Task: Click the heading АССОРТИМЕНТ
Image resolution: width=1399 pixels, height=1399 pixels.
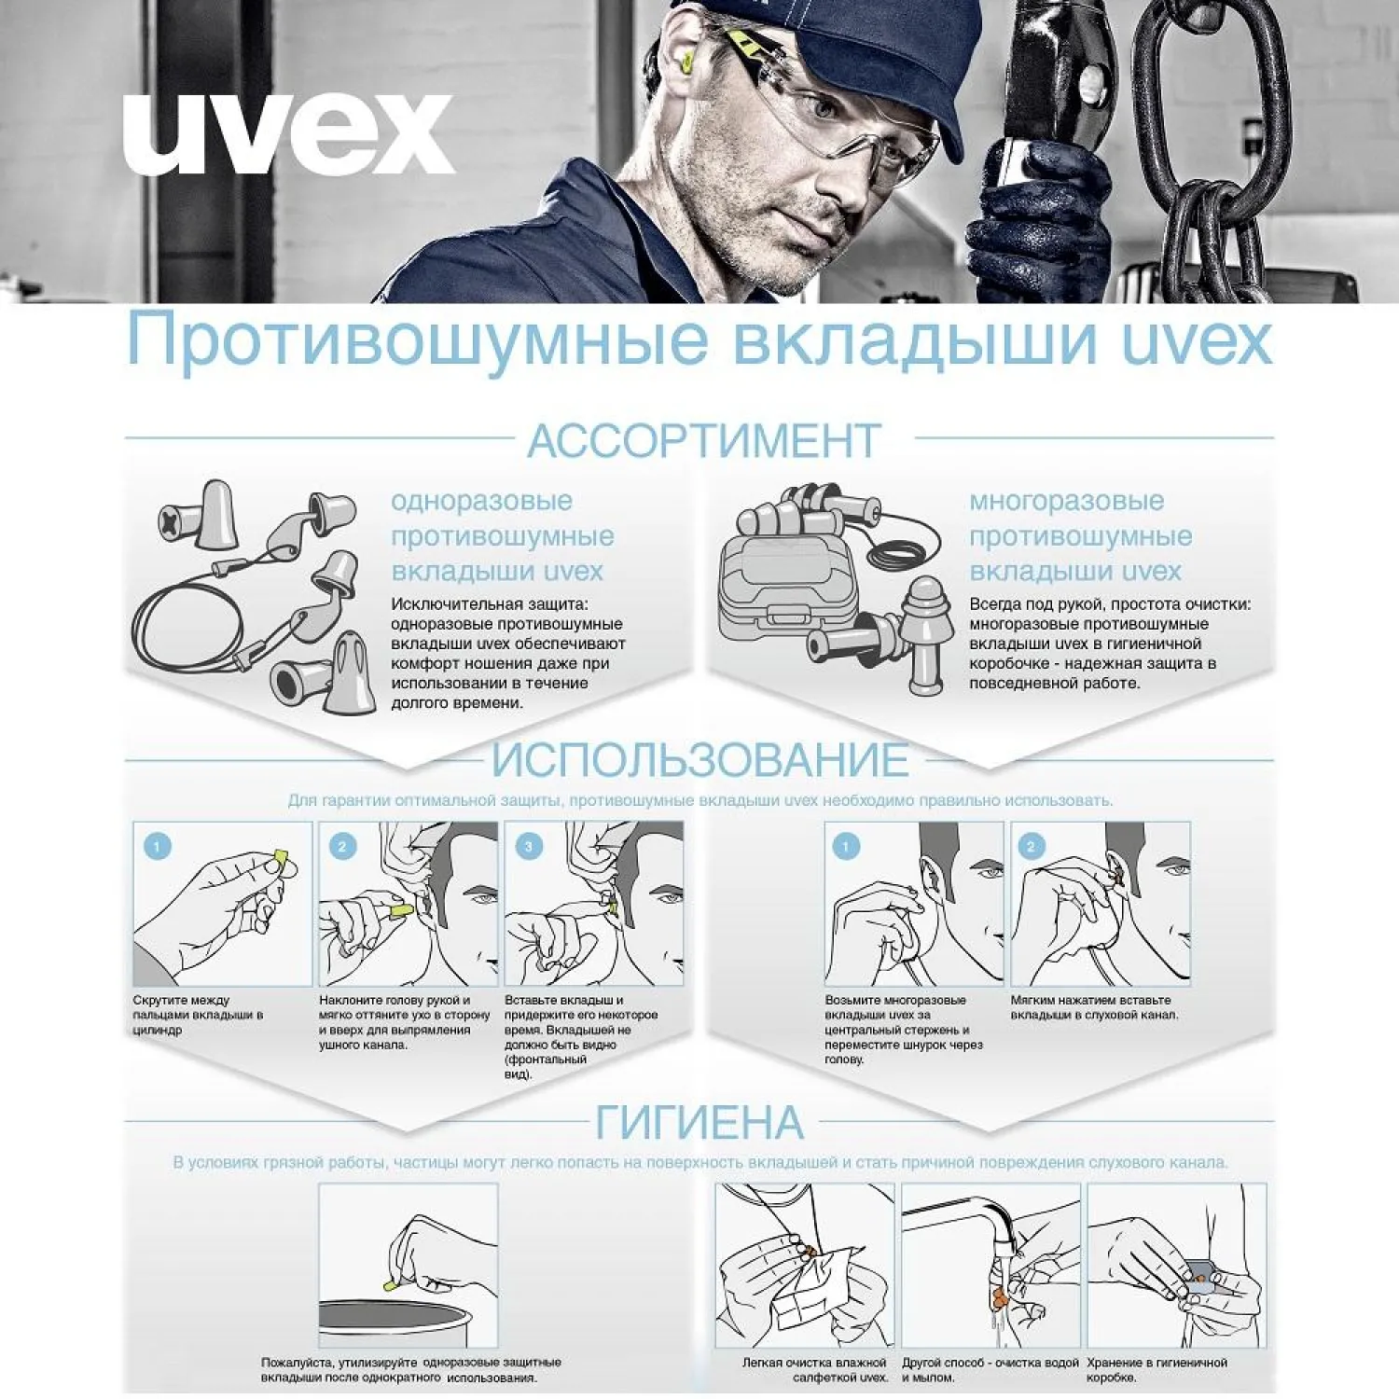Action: coord(704,441)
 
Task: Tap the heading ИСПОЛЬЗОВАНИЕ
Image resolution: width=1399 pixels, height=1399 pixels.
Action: coord(699,760)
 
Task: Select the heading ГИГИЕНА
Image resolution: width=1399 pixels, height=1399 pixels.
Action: coord(699,1122)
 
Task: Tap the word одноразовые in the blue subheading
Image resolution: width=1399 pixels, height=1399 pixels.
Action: coord(481,501)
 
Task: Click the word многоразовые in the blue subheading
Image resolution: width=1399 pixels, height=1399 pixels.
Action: coord(1066,501)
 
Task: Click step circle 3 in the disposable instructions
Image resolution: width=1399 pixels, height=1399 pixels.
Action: coord(529,847)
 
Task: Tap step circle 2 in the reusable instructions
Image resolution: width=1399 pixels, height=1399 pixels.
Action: coord(1031,847)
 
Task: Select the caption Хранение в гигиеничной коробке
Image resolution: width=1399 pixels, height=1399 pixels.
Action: coord(1157,1369)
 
